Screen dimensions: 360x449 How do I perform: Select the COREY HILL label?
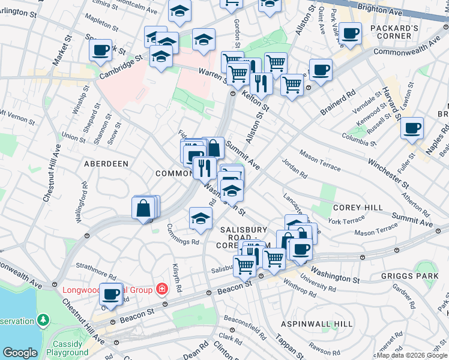coord(358,208)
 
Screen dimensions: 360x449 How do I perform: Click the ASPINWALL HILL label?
coord(316,324)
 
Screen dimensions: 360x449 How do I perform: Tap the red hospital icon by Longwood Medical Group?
coord(161,290)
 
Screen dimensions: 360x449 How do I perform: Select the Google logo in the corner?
coord(20,353)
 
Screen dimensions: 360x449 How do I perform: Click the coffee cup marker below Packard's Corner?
coord(349,34)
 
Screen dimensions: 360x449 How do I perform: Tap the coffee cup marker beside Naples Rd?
coord(412,127)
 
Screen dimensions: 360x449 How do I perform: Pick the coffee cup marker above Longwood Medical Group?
coord(110,294)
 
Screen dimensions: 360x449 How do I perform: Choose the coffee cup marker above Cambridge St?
coord(101,50)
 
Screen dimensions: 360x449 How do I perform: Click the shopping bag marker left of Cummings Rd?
coord(144,209)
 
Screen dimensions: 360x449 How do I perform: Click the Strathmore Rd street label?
coord(95,265)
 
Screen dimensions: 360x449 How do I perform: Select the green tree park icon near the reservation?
coord(43,320)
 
